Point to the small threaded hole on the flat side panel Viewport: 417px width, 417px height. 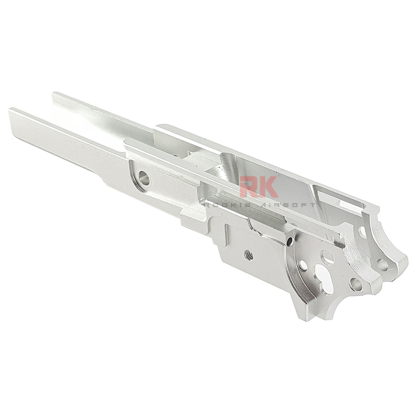(249, 254)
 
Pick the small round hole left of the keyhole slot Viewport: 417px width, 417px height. (303, 265)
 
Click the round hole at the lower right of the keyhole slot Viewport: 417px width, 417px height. (356, 284)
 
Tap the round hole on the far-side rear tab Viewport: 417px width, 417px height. (382, 264)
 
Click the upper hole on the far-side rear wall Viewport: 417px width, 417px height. (362, 232)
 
